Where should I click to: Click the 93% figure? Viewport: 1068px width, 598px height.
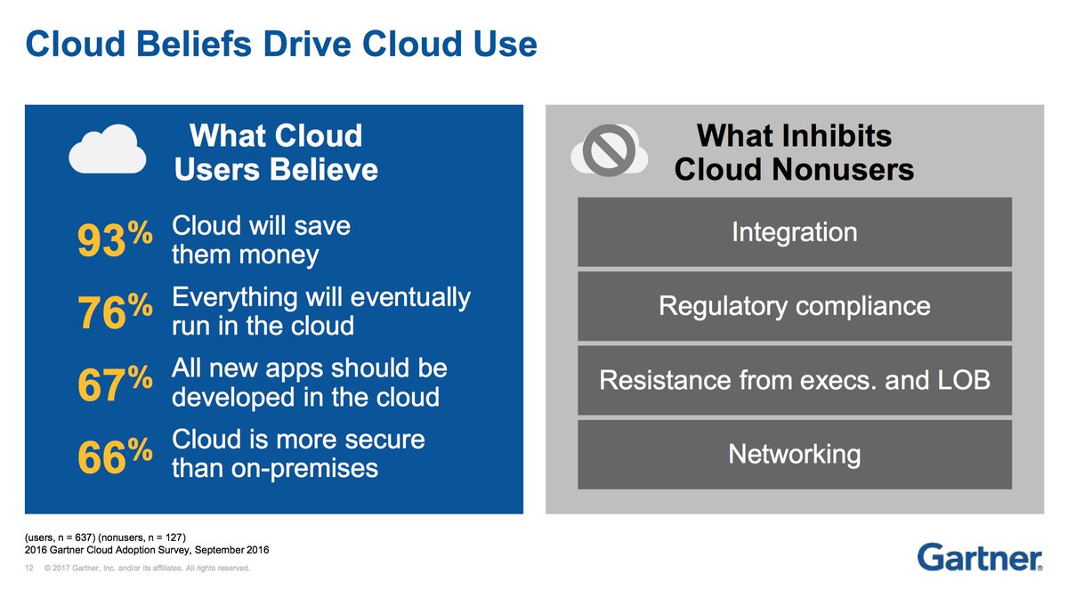pos(113,240)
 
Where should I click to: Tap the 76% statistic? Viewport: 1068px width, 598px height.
pos(113,312)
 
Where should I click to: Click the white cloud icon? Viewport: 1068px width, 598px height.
pos(108,149)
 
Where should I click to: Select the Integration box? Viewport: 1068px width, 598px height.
pos(794,232)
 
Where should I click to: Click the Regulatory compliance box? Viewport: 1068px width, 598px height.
pos(794,307)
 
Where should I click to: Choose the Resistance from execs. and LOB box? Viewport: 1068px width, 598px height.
pos(794,381)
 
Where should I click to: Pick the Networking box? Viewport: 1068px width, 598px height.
pos(794,455)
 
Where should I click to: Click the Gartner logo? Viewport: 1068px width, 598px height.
pos(979,556)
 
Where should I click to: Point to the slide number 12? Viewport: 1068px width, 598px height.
pos(29,569)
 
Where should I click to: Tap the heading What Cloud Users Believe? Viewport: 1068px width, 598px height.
pos(276,152)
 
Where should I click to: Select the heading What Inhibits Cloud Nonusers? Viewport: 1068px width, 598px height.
pos(794,152)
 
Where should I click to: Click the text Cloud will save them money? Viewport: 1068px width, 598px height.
pos(260,240)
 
